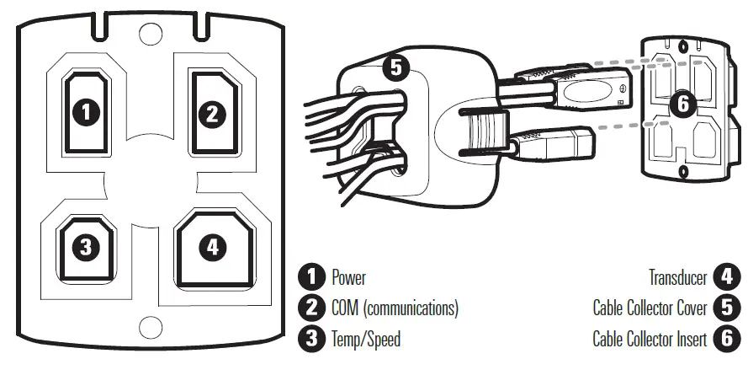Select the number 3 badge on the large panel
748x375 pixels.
(88, 247)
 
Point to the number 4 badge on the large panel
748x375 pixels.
(212, 247)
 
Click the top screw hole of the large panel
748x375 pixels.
(151, 33)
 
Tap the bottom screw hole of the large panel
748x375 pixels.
(151, 325)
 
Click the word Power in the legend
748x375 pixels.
(348, 277)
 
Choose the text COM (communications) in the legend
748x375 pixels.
(395, 308)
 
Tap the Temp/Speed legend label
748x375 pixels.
(366, 340)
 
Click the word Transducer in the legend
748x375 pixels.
(677, 277)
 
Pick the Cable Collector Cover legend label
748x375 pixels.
(650, 308)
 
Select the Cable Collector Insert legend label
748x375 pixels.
(650, 340)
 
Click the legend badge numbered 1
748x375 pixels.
(312, 277)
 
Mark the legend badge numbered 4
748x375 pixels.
(725, 277)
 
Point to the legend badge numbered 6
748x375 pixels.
(725, 340)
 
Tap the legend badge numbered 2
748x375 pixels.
(312, 308)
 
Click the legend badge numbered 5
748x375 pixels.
(725, 308)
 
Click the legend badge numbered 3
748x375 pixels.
(312, 340)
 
